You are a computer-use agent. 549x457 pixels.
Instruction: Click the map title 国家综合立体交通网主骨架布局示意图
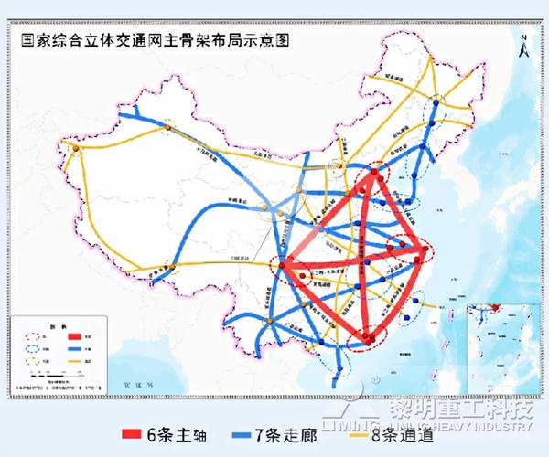148,40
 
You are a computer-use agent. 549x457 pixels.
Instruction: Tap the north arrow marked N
522,44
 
